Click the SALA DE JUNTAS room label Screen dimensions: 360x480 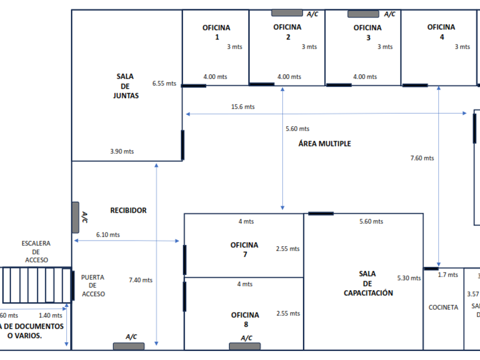(126, 86)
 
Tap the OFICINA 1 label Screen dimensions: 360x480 (217, 33)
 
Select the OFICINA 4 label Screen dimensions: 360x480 (441, 32)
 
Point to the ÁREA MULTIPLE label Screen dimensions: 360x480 (325, 143)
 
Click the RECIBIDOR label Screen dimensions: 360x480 (129, 210)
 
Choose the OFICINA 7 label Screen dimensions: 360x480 (245, 250)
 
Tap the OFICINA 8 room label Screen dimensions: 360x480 (245, 319)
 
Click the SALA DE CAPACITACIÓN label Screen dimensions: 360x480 (368, 283)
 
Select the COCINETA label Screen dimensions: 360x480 (443, 307)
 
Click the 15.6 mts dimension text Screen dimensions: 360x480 (243, 107)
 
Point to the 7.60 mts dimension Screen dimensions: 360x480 (422, 158)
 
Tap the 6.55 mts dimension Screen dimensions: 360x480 (164, 83)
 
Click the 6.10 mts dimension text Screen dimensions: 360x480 (108, 235)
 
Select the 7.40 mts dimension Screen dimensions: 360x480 (141, 280)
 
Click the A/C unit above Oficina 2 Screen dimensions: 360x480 (287, 13)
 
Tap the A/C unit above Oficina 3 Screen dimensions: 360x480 (363, 14)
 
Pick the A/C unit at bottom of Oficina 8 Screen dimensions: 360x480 (245, 346)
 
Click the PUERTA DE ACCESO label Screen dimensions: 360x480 (93, 285)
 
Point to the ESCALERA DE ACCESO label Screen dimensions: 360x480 (37, 251)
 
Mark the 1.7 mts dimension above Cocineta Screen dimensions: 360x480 (448, 275)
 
